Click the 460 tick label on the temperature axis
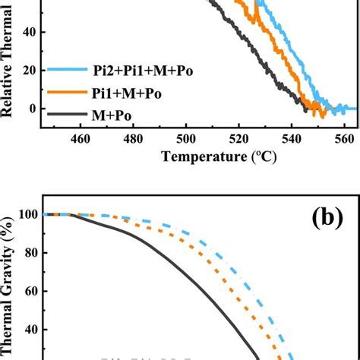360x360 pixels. click(81, 138)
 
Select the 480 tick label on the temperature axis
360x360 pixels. click(133, 138)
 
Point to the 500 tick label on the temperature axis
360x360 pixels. click(186, 138)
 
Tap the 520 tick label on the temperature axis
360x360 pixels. click(238, 138)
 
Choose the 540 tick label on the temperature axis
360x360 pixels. click(292, 138)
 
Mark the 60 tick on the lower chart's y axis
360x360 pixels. click(29, 292)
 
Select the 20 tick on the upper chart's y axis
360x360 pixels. click(30, 71)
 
